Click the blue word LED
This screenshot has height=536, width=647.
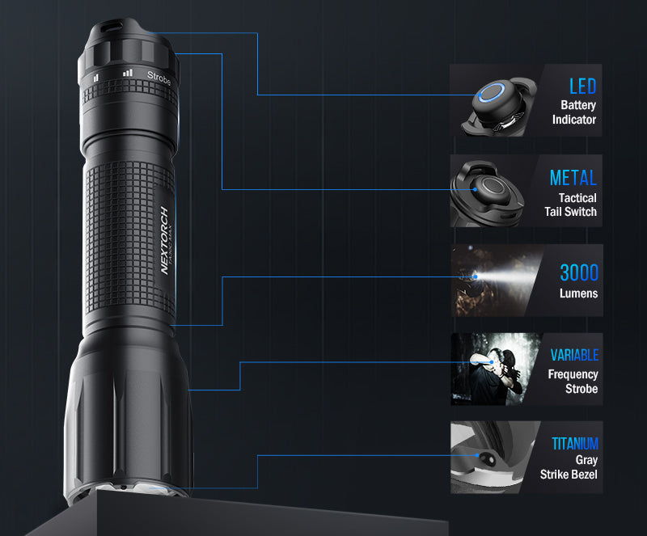(x=582, y=86)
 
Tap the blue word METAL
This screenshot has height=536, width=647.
(x=573, y=178)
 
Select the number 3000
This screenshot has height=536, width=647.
(x=579, y=272)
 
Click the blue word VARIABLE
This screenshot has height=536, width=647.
(x=574, y=355)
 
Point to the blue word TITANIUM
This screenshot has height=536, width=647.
(x=575, y=444)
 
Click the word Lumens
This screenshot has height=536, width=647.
(x=578, y=293)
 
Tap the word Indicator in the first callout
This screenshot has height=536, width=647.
(x=574, y=120)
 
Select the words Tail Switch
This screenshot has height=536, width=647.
(x=570, y=212)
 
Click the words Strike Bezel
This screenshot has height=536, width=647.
(x=569, y=474)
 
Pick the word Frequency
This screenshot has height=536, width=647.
(x=573, y=374)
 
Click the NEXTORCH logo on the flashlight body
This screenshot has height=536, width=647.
(x=164, y=239)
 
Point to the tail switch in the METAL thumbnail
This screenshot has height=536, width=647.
(x=490, y=189)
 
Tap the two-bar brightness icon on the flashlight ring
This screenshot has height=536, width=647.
(x=96, y=77)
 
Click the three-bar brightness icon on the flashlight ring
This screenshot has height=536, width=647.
(x=127, y=73)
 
